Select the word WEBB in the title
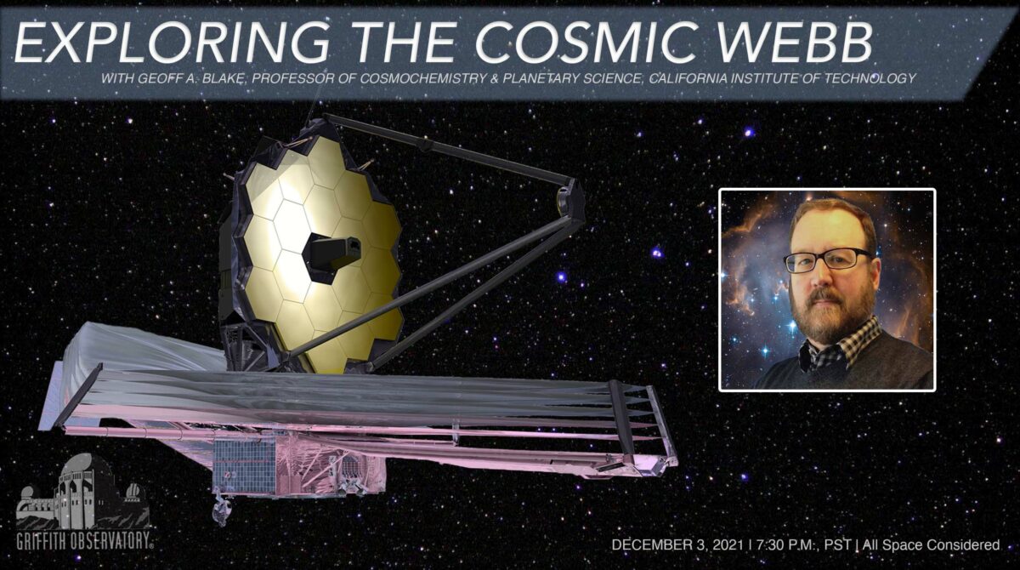coord(782,41)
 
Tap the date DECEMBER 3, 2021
coord(677,545)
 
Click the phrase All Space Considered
coord(931,545)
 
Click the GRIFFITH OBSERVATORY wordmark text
coord(85,541)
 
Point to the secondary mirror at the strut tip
coord(564,201)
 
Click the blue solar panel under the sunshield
coord(244,466)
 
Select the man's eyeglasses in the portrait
coord(827,260)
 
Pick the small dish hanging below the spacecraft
coord(222,513)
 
